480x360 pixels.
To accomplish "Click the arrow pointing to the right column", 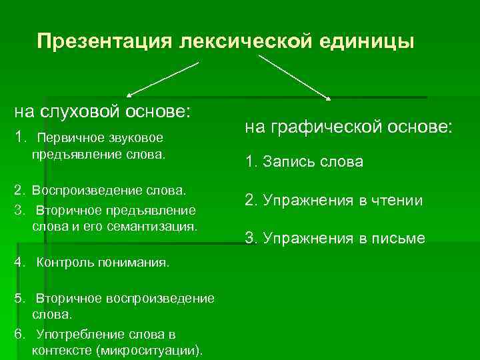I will [293, 77].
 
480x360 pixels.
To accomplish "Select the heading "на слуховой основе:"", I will [103, 110].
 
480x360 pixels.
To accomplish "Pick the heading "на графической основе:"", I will [348, 127].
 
